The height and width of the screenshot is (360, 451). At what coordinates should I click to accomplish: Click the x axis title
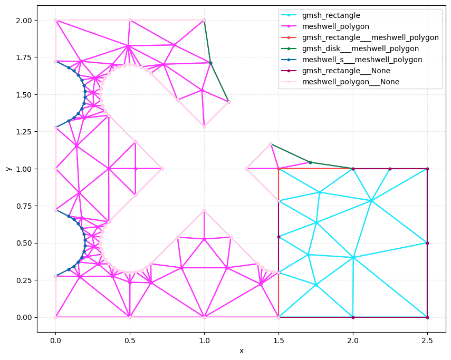241,351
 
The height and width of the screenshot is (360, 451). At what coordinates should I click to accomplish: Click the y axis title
8,169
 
